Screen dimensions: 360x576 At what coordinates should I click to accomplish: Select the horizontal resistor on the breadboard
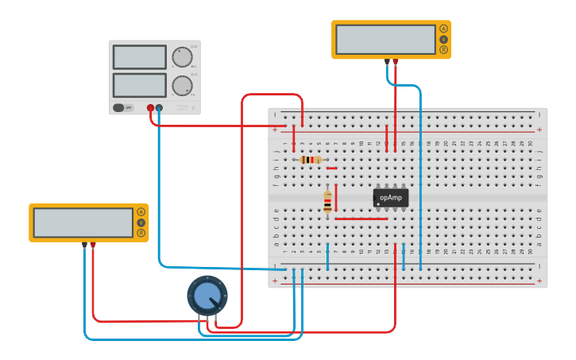[x=311, y=160]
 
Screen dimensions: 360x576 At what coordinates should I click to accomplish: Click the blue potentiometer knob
[x=207, y=296]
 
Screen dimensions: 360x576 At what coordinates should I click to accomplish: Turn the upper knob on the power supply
[x=182, y=57]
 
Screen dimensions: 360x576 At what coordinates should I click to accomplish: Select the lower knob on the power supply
[x=182, y=85]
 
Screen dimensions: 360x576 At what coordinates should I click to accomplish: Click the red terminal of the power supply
[x=150, y=107]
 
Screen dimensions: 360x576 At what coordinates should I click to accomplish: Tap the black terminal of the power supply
[x=160, y=107]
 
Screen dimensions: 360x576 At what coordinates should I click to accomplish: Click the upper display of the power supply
[x=139, y=57]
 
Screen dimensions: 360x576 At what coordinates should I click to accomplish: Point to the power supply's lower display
[x=139, y=85]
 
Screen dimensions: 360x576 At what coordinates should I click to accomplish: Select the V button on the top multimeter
[x=443, y=40]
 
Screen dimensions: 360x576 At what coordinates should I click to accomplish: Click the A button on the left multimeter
[x=141, y=212]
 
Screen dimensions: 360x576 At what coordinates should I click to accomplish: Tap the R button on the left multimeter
[x=141, y=233]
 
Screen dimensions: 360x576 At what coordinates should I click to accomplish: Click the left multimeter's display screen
[x=83, y=223]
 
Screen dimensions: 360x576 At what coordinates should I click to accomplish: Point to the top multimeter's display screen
[x=385, y=39]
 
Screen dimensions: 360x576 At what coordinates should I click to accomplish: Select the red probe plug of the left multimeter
[x=93, y=245]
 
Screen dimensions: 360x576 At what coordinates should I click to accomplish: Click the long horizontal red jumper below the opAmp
[x=361, y=219]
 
